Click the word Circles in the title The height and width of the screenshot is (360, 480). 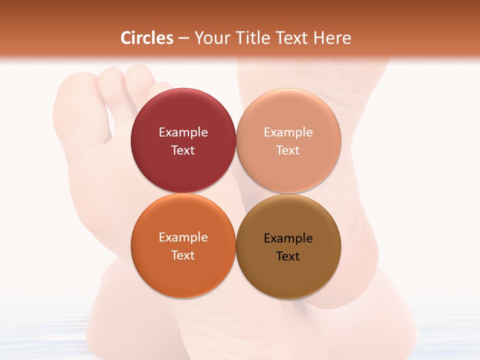tap(147, 38)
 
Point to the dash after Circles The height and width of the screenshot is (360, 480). tap(183, 38)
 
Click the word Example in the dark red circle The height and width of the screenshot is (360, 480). tap(183, 132)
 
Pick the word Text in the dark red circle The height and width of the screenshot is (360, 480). tap(183, 150)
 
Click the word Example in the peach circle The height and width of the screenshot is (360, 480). tap(288, 132)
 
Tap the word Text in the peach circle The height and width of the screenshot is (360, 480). tap(288, 150)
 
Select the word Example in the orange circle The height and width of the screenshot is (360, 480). tap(183, 237)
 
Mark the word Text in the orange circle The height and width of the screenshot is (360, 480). tap(183, 255)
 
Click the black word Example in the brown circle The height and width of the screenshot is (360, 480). tap(288, 238)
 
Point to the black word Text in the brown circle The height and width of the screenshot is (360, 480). tap(288, 256)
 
